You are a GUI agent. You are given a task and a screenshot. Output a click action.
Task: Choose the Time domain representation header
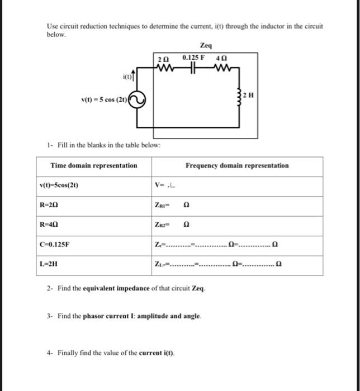click(94, 165)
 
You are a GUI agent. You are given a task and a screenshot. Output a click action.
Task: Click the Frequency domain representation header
click(237, 165)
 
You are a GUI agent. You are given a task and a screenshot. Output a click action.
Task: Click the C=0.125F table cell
click(54, 244)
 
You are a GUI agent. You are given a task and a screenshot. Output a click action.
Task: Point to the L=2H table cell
click(50, 264)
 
